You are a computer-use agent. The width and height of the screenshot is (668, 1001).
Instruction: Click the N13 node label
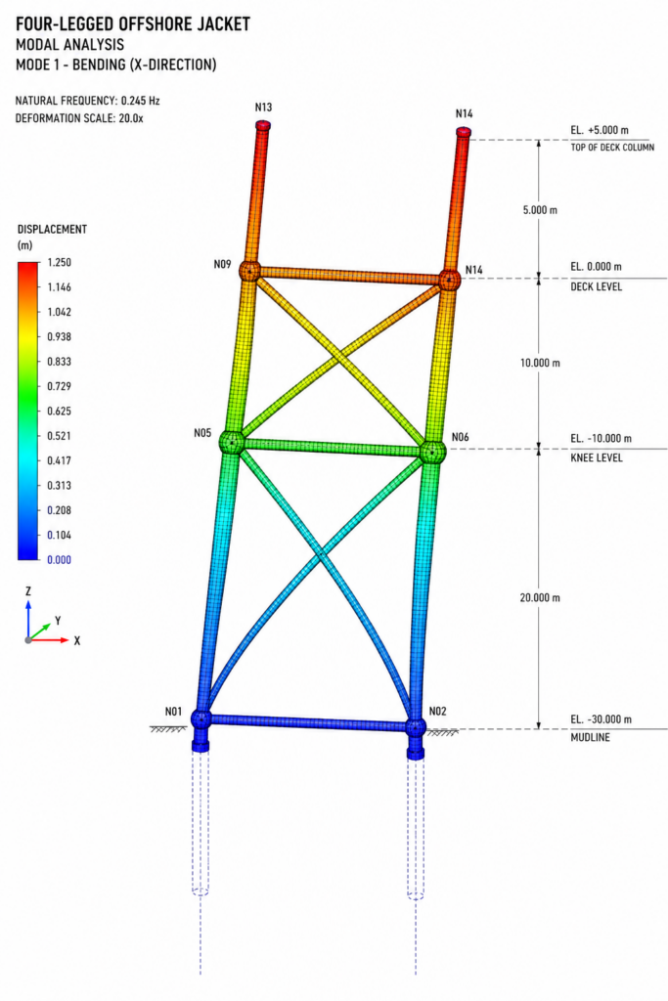263,108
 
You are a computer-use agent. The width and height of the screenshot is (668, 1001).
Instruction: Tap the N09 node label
222,264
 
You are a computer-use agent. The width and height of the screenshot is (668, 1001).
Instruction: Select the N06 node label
460,437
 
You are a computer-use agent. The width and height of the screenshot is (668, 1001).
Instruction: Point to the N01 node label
173,712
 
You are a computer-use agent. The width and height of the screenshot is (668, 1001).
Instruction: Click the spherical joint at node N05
232,442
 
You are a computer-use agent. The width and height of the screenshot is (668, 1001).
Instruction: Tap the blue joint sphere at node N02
416,727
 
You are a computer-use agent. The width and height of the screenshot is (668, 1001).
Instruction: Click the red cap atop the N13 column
263,125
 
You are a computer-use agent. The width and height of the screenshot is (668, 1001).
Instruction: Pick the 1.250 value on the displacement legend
60,262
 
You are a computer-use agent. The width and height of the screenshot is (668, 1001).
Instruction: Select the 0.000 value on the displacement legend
60,560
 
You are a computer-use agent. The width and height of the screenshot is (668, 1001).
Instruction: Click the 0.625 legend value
60,412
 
